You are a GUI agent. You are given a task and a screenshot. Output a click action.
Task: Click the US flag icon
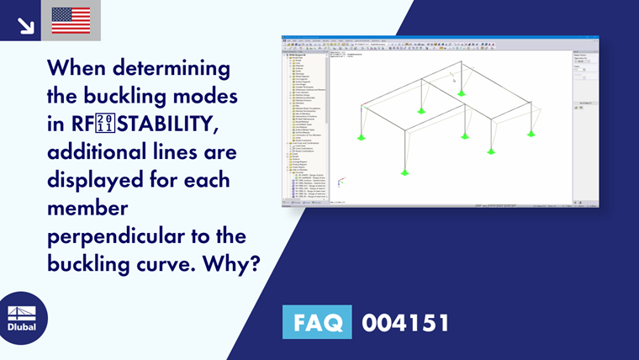click(x=71, y=20)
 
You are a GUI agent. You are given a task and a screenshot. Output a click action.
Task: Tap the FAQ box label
click(x=319, y=323)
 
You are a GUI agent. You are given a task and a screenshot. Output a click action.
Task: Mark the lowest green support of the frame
click(x=404, y=171)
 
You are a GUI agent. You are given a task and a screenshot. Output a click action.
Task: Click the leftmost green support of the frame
click(x=362, y=136)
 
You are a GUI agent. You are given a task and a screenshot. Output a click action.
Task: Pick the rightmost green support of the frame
click(x=531, y=133)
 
